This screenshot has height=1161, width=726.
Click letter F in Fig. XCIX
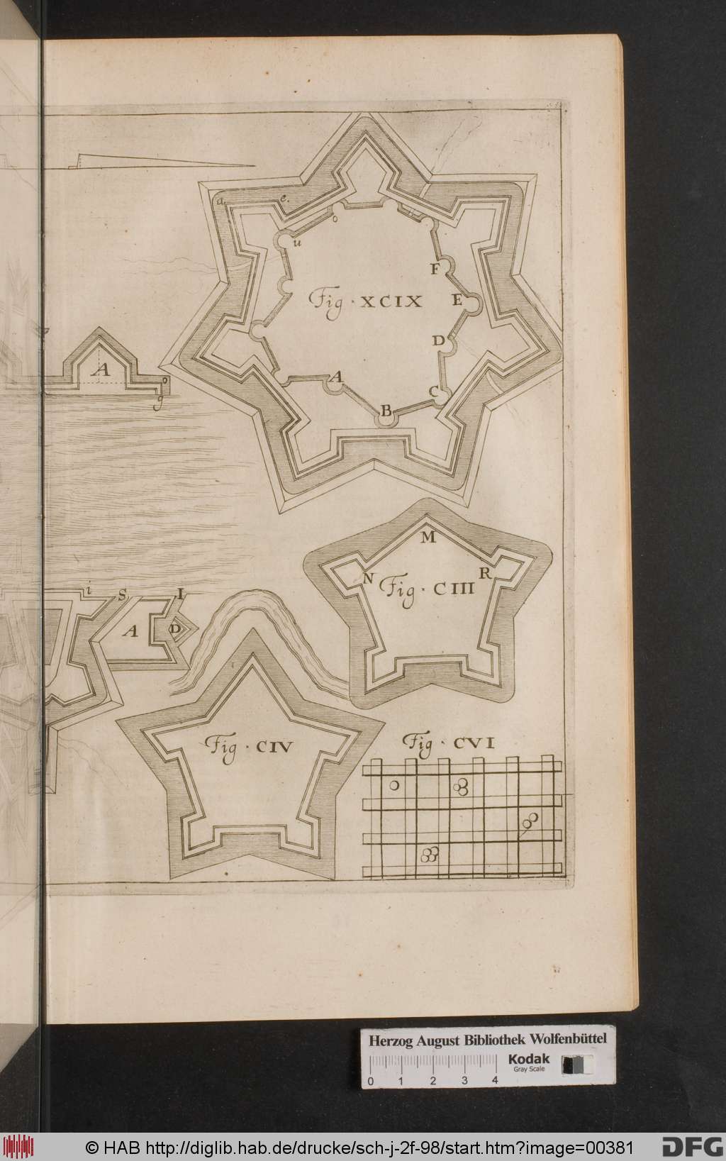point(435,268)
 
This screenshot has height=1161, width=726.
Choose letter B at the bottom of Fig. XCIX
point(386,411)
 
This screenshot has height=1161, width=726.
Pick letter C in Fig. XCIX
point(433,391)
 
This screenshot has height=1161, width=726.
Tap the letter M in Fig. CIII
point(428,537)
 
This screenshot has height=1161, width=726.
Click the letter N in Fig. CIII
point(368,579)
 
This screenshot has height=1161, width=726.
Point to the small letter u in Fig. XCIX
point(296,244)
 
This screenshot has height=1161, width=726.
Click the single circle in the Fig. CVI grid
point(394,785)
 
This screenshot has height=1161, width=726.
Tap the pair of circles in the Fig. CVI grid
point(529,823)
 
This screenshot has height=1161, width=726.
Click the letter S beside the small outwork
point(122,595)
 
